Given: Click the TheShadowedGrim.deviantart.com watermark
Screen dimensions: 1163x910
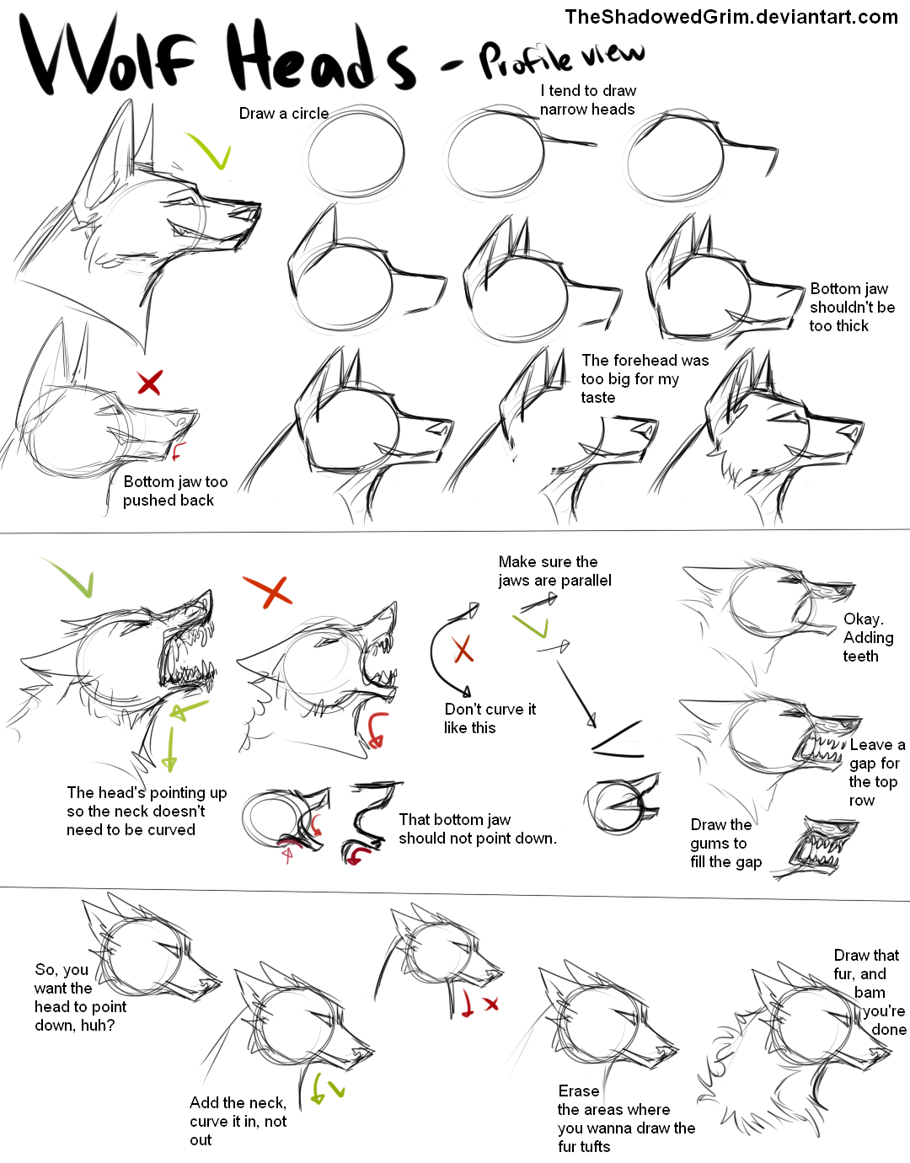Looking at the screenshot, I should point(731,17).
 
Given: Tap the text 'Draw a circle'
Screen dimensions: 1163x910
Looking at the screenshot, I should point(283,114).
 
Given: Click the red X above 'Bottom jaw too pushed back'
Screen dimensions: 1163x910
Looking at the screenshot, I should point(149,383).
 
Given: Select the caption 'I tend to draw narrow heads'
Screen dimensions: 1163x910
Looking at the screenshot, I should point(587,100).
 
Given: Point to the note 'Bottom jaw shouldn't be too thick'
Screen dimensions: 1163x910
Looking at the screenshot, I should point(851,308).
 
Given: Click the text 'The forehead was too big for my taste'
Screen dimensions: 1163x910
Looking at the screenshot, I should point(644,378).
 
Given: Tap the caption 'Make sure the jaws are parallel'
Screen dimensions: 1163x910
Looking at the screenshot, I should point(554,571).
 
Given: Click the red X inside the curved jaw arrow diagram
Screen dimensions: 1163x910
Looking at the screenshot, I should point(463,649).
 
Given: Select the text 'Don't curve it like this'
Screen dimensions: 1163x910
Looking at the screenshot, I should point(490,718).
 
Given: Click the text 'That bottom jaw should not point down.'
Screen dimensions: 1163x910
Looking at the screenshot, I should point(477,828).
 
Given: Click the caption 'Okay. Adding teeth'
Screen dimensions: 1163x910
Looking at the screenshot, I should point(867,638).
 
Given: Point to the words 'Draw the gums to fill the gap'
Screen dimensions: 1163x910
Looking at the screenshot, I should point(725,843).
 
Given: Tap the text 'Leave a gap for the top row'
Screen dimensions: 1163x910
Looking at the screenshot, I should point(876,772).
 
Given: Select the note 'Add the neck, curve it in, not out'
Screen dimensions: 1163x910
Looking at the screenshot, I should point(238,1121).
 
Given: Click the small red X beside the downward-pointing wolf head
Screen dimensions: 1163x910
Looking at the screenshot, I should point(492,1004).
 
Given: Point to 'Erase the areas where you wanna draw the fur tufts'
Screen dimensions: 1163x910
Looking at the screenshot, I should point(625,1118).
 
